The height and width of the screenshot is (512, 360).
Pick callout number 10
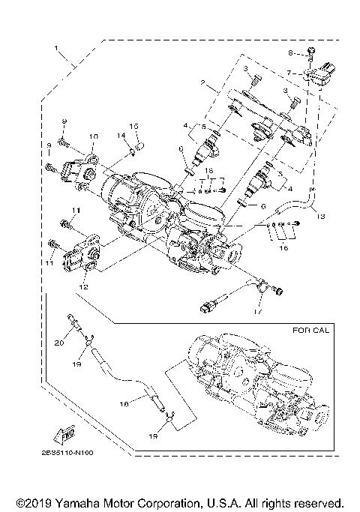pos(93,136)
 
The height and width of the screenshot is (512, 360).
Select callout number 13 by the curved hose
pos(320,217)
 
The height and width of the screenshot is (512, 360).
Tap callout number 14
pos(119,136)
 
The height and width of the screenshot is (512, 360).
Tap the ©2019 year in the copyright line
pos(29,501)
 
